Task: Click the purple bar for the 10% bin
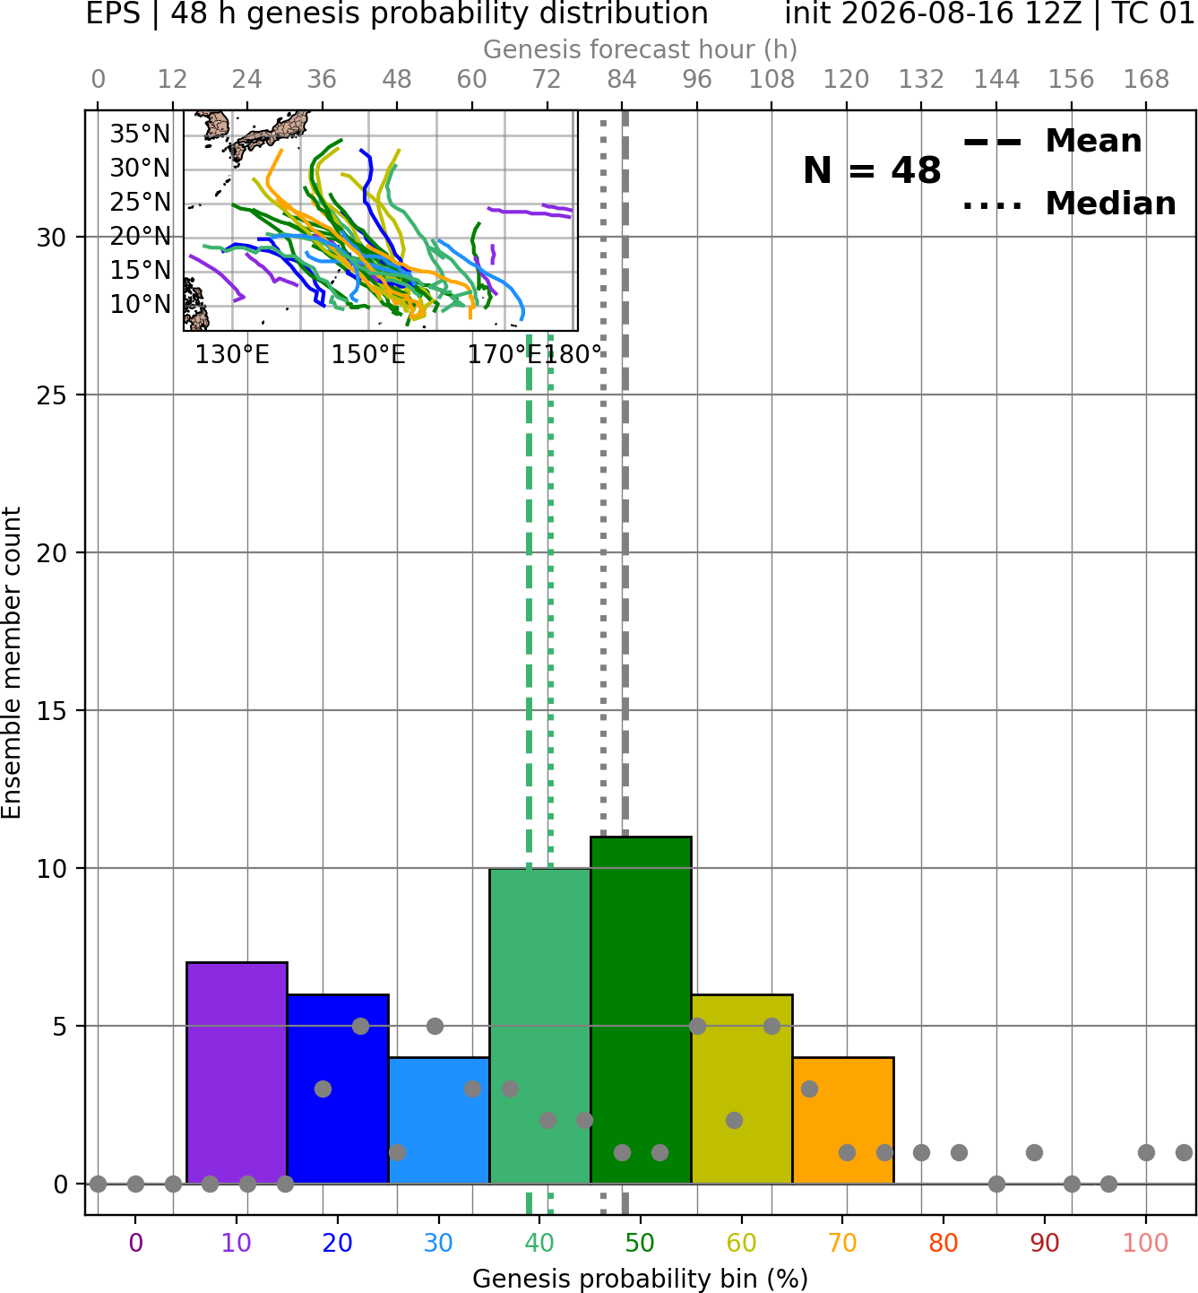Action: [237, 1072]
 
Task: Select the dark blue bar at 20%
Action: [338, 1089]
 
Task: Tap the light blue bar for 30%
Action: [439, 1120]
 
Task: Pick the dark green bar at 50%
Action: [641, 1010]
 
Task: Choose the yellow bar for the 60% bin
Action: [742, 1089]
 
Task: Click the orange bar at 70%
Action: [843, 1120]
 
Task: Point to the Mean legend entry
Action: [1052, 142]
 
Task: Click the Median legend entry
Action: [1069, 204]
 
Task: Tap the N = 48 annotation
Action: [872, 170]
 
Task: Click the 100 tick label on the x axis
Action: [1145, 1242]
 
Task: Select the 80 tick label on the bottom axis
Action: [944, 1242]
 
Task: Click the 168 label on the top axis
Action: [1146, 80]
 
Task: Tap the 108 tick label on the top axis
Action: [771, 80]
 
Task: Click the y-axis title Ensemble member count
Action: [12, 663]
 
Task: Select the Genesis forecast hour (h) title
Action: [641, 49]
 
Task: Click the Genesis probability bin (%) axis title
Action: [641, 1279]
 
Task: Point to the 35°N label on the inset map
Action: [140, 135]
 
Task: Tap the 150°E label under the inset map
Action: [368, 355]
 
